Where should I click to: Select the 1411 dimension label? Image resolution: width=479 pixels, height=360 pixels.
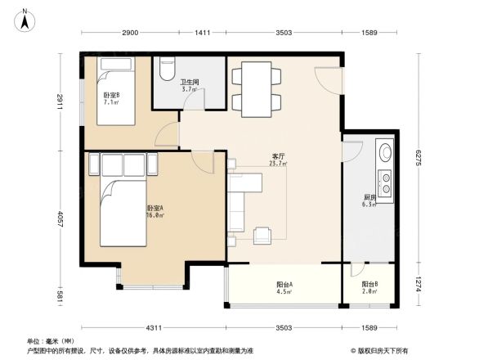tap(203, 34)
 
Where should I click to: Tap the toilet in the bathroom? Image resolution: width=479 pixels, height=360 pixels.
tap(167, 70)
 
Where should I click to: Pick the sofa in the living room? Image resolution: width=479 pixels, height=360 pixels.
tap(239, 200)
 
